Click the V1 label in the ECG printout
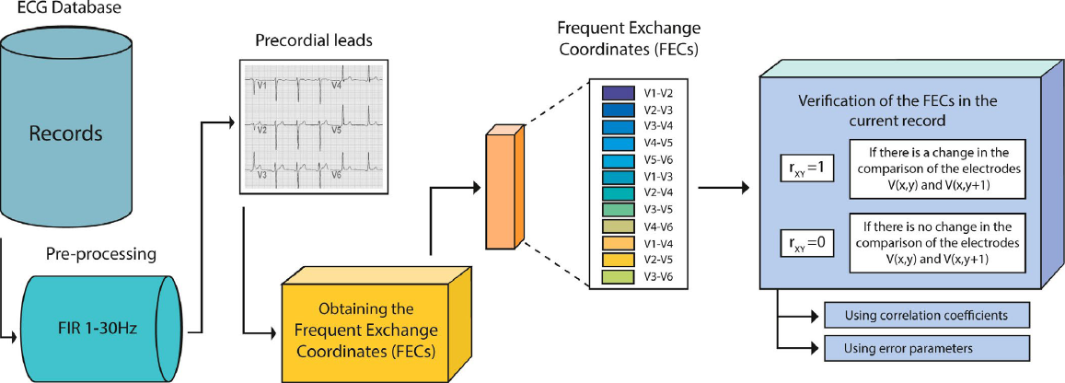pos(263,85)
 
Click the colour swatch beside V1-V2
pos(616,92)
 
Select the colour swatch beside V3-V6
pos(616,276)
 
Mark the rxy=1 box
pos(805,168)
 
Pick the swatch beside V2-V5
pos(616,260)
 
